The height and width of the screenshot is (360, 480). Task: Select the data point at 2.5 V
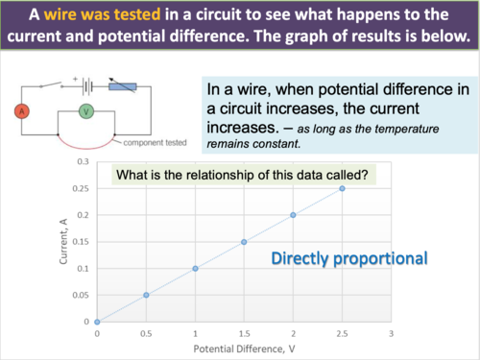click(342, 188)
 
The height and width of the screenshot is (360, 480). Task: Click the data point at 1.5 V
click(244, 242)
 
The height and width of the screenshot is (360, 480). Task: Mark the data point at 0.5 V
click(146, 295)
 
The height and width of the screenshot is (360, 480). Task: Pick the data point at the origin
click(97, 322)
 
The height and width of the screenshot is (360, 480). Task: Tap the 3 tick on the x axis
click(391, 333)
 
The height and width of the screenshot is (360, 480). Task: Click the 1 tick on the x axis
click(195, 333)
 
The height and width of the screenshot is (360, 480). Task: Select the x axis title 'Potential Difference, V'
click(244, 348)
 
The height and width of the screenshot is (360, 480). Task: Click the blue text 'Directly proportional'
click(348, 258)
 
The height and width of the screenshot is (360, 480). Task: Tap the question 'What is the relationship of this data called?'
click(245, 176)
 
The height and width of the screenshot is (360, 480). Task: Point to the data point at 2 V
click(293, 215)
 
